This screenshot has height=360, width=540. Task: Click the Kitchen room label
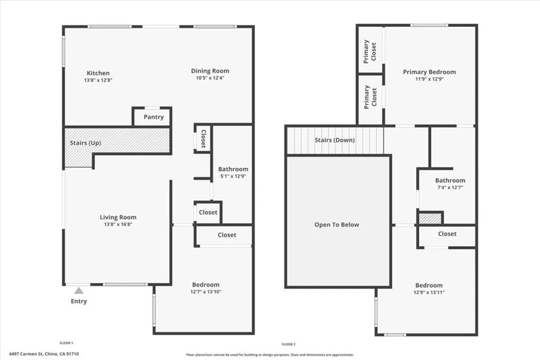[x=98, y=73]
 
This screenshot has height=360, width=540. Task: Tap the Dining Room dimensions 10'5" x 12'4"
[x=210, y=78]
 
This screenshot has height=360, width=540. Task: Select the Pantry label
[x=153, y=117]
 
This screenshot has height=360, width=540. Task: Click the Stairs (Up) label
[x=85, y=143]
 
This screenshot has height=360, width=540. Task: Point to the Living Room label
[x=118, y=217]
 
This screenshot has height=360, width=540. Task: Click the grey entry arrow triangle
[x=79, y=290]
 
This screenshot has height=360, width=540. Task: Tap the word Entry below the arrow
[x=79, y=301]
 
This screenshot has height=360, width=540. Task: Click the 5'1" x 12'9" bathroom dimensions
[x=233, y=177]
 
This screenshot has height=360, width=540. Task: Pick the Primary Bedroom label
[x=429, y=72]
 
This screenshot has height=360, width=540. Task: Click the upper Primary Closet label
[x=370, y=51]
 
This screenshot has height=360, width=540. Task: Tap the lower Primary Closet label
[x=370, y=96]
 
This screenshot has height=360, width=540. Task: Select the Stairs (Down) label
[x=334, y=140]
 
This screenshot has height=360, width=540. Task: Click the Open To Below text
[x=336, y=225]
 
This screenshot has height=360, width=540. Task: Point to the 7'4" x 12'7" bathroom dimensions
[x=450, y=188]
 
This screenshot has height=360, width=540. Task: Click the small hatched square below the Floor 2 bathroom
[x=430, y=218]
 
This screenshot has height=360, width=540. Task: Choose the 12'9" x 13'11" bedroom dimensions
[x=429, y=293]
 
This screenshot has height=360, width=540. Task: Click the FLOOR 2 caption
[x=289, y=344]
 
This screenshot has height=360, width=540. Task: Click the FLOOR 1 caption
[x=66, y=343]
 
